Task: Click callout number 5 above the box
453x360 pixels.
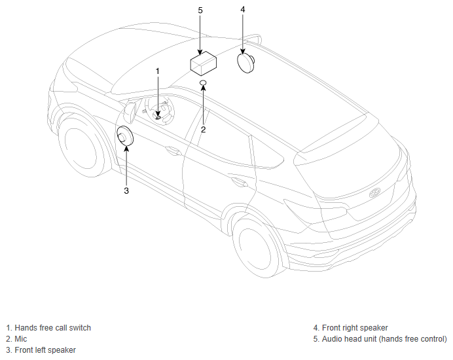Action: pos(200,10)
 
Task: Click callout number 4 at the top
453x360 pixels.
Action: pos(243,10)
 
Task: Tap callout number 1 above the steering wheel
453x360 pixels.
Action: pos(158,71)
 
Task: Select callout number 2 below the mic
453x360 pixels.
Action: pos(204,130)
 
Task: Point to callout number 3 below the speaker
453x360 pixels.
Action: pos(126,190)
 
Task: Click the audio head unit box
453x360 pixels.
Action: pos(204,63)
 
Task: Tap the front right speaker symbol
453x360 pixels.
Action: pos(246,63)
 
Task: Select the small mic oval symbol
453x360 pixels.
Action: pos(203,82)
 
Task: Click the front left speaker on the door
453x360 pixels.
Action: pos(125,135)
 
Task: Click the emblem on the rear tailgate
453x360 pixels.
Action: pos(374,192)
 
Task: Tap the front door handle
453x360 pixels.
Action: pos(172,151)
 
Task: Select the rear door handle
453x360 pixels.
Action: pos(239,182)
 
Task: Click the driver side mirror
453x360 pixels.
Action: pos(130,112)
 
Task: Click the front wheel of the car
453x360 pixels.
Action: pos(82,145)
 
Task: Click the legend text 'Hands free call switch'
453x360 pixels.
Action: pos(52,328)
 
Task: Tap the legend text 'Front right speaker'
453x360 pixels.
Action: pos(355,328)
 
